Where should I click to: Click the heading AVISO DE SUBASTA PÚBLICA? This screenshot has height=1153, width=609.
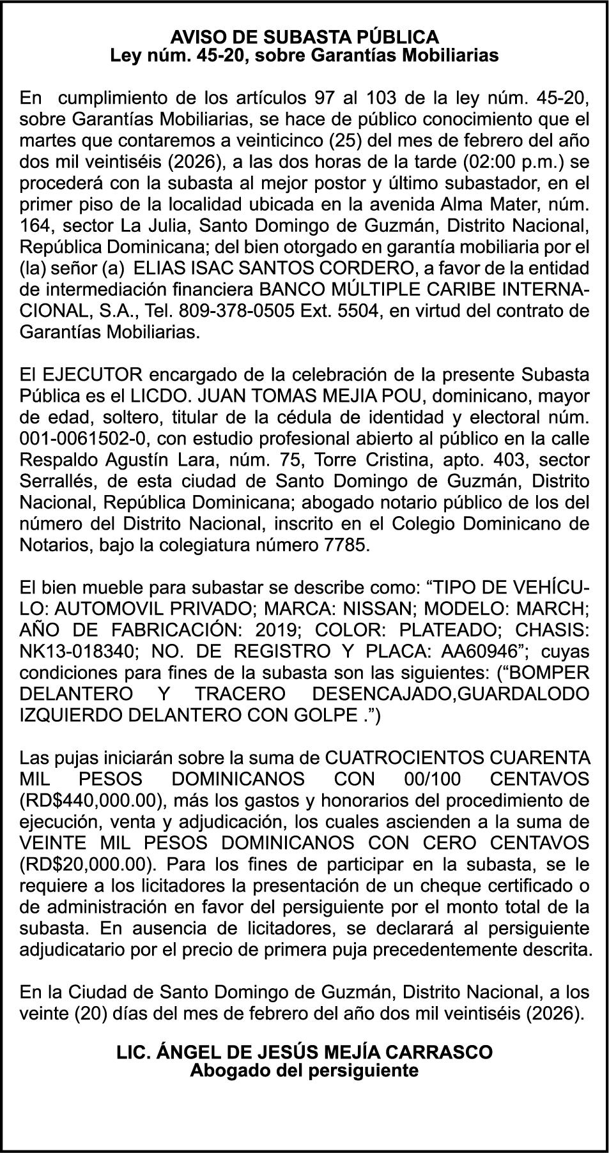[x=304, y=36]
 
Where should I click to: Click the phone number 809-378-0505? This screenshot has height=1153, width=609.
[x=235, y=311]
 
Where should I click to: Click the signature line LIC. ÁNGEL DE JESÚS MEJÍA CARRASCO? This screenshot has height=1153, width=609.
[x=304, y=1052]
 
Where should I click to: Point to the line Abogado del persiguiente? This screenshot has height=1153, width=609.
[x=304, y=1070]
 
